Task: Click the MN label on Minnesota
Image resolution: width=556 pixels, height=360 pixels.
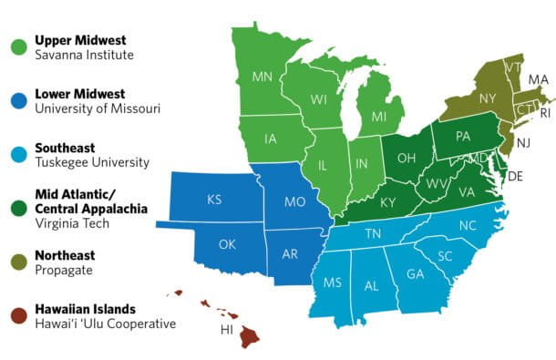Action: [263, 77]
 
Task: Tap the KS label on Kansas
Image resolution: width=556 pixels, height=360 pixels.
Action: [214, 199]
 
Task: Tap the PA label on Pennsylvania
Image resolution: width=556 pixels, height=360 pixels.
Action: [462, 138]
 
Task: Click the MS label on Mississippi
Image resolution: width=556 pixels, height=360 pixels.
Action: [332, 282]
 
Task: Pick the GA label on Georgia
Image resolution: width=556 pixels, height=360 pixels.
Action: [415, 273]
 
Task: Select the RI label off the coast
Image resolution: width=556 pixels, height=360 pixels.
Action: [545, 114]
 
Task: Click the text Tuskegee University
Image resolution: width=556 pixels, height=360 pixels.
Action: [91, 162]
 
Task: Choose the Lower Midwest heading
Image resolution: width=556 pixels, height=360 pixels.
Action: [81, 94]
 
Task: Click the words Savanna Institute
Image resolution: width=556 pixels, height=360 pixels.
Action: [84, 56]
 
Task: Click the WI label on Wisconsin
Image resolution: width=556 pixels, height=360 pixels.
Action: [318, 98]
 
